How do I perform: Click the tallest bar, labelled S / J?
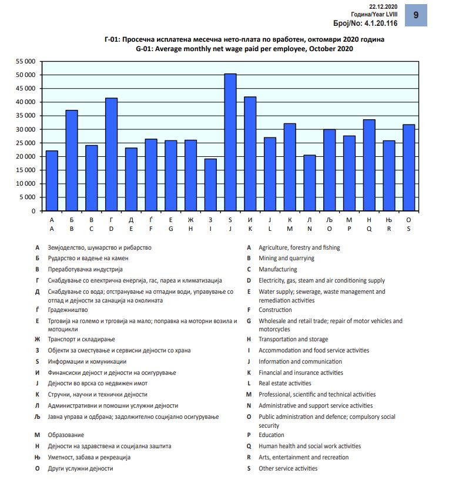[230, 142]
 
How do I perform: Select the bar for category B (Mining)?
[72, 160]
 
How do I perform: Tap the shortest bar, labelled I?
[210, 184]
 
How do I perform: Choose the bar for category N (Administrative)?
[310, 183]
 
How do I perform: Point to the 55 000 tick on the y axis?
[26, 61]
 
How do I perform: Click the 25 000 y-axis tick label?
[26, 143]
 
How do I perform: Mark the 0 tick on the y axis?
[33, 211]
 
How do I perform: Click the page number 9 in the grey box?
[416, 15]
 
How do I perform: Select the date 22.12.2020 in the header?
[383, 5]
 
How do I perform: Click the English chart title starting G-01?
[244, 49]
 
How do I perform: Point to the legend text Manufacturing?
[278, 270]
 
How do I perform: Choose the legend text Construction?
[275, 310]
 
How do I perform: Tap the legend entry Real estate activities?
[285, 384]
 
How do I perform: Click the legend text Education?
[272, 435]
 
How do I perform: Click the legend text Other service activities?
[288, 469]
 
